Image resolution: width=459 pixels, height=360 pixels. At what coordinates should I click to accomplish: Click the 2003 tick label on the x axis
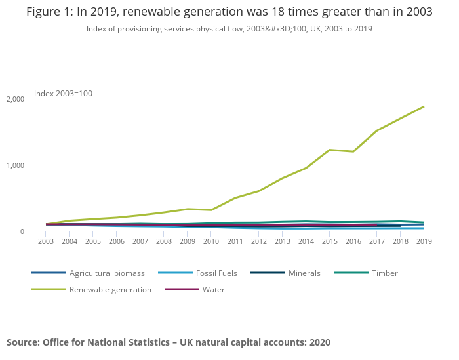click(46, 241)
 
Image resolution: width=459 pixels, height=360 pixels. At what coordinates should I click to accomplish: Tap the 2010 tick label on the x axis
click(211, 241)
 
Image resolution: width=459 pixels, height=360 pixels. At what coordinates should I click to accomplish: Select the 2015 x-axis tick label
click(329, 241)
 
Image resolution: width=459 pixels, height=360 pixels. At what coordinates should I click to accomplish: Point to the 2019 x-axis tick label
click(424, 241)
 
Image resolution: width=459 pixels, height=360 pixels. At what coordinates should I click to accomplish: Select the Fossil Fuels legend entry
click(216, 273)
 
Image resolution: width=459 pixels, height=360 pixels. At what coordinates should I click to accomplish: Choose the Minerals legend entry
click(304, 273)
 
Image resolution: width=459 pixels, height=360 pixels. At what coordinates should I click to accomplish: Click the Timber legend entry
click(384, 273)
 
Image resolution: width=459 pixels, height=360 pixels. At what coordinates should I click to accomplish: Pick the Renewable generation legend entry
click(110, 290)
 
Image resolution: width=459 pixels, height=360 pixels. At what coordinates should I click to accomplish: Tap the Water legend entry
click(214, 290)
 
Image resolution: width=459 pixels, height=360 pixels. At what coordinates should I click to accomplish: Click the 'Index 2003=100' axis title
click(63, 94)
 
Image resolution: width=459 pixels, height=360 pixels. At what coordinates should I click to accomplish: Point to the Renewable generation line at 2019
click(424, 106)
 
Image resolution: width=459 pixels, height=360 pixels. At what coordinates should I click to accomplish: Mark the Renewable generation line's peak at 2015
click(329, 150)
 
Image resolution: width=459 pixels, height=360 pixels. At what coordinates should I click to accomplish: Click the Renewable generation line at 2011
click(235, 198)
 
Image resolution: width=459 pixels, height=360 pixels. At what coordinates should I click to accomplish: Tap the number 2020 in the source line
click(319, 342)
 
